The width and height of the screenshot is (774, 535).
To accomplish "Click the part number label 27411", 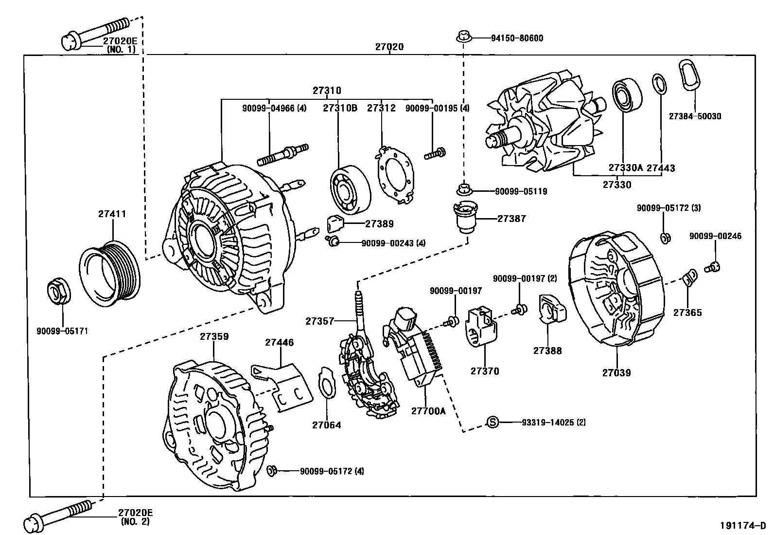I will click(x=112, y=214).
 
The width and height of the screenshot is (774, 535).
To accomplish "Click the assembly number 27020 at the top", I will click(x=389, y=47).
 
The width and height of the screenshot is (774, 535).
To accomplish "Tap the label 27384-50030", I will click(x=695, y=116).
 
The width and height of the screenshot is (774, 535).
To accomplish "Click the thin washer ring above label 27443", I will click(x=658, y=84).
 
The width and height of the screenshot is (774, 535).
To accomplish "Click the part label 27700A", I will click(x=428, y=411).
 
